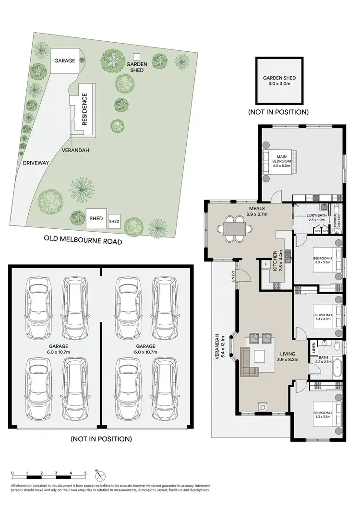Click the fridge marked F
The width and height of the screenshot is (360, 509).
(265, 264)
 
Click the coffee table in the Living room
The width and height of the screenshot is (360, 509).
(260, 356)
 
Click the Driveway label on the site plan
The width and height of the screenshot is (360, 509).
(36, 163)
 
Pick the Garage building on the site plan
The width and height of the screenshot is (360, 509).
(64, 61)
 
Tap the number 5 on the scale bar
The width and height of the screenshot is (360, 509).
(85, 473)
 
